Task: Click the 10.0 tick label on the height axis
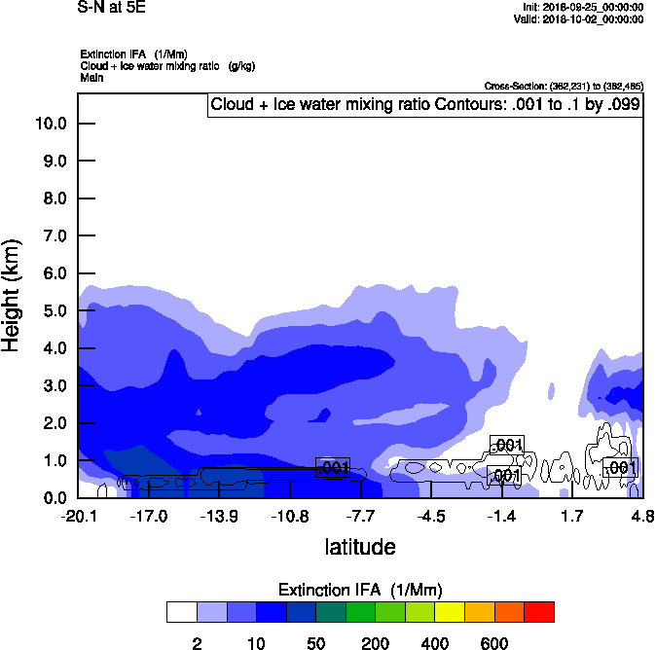click(50, 124)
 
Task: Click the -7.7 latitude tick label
click(361, 516)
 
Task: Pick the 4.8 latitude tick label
click(641, 516)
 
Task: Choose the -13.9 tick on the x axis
click(220, 516)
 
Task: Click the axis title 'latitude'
click(360, 547)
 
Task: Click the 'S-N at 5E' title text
click(112, 7)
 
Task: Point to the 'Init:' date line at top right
click(581, 7)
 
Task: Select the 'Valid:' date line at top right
click(578, 18)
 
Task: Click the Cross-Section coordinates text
click(562, 86)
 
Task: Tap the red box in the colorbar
click(539, 611)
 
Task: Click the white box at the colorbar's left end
click(181, 611)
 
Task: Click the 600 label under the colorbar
click(494, 642)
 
